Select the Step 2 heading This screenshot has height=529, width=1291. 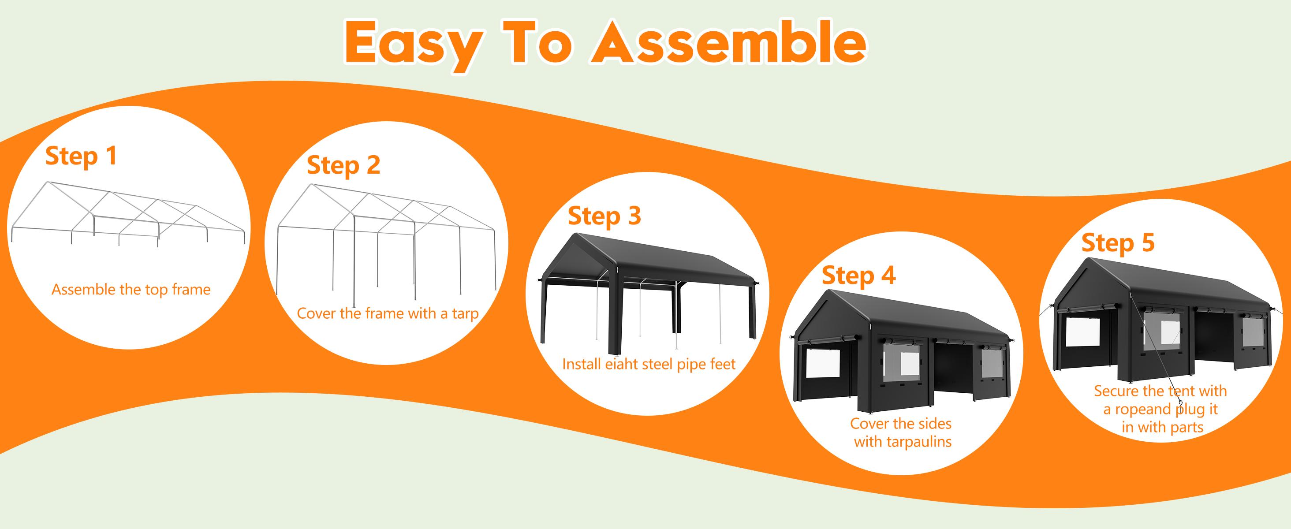tap(343, 165)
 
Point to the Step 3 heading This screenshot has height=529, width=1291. tap(604, 216)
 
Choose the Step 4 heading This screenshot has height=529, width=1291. tap(858, 276)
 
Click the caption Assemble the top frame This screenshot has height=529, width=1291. tap(131, 290)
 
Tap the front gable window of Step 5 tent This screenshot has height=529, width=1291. tap(1082, 332)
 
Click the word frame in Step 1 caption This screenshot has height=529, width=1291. tap(191, 290)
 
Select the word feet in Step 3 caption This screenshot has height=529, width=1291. tap(722, 364)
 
